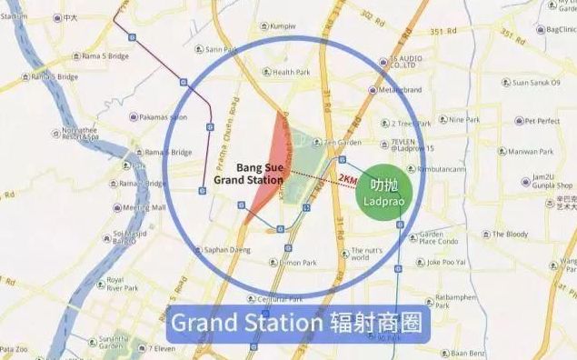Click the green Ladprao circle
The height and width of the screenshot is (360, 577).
click(382, 189)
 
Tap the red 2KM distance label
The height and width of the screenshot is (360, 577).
click(345, 178)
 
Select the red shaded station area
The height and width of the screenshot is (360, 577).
click(269, 164)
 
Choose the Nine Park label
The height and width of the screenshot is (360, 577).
click(463, 119)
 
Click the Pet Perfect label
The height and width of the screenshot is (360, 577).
click(536, 120)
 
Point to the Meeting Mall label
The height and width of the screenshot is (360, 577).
click(144, 207)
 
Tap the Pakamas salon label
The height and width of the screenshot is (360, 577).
click(163, 117)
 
